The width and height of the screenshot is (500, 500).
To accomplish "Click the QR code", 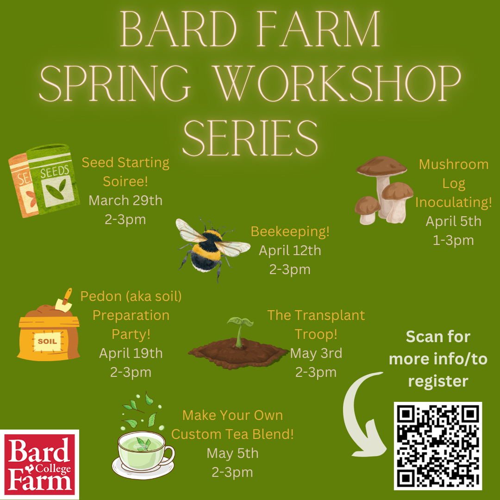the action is (438, 446).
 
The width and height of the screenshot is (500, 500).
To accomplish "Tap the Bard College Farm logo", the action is (39, 464).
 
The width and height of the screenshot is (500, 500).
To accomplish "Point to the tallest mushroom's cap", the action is (381, 166).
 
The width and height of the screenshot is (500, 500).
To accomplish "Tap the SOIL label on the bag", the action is (48, 341).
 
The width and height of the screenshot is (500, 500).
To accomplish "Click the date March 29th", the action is (125, 200).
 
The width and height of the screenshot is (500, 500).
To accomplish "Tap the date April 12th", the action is (290, 250).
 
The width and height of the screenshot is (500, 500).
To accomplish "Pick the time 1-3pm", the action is (453, 240).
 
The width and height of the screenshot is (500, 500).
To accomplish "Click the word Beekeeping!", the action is (290, 232).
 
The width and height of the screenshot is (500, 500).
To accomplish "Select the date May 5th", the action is (232, 453).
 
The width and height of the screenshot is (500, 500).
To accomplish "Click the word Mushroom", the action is (453, 164).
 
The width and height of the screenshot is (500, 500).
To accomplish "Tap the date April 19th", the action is (131, 353).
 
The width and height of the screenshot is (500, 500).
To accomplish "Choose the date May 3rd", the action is (316, 353).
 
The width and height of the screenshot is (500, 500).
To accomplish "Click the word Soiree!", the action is (125, 181).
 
